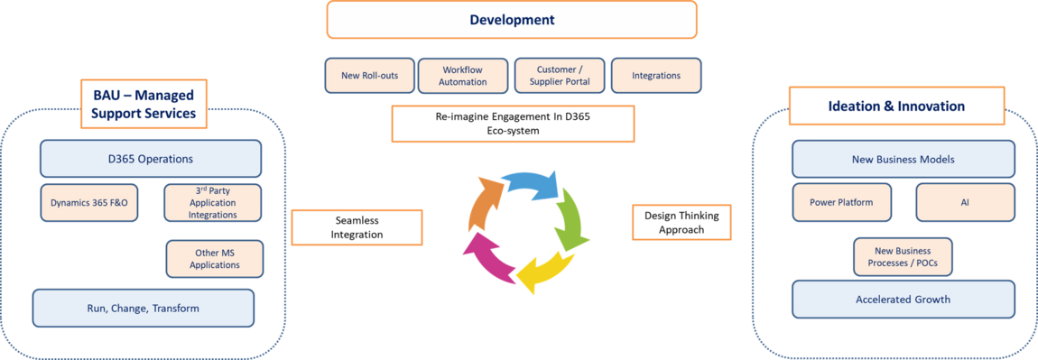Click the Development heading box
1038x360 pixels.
(x=512, y=20)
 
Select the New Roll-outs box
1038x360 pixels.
(x=369, y=76)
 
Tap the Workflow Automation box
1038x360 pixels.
(x=463, y=76)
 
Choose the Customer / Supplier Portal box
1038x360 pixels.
(x=561, y=76)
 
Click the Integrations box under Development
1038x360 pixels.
(x=656, y=76)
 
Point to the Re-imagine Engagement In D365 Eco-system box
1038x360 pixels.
(x=513, y=124)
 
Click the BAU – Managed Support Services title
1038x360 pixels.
(x=144, y=104)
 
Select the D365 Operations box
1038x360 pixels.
(x=150, y=159)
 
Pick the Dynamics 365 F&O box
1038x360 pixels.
(x=88, y=202)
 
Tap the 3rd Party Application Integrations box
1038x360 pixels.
(x=212, y=202)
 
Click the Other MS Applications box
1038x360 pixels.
(x=215, y=259)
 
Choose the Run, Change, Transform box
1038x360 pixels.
(x=143, y=308)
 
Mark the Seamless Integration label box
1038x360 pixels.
(x=357, y=227)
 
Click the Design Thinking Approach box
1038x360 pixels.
(x=681, y=222)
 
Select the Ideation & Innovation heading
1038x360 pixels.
(x=897, y=106)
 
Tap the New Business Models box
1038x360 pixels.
(x=903, y=159)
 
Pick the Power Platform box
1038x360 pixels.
(x=841, y=202)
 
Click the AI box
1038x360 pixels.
(x=965, y=202)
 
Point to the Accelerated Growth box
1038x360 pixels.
(x=903, y=300)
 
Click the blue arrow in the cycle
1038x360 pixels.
(x=530, y=187)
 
